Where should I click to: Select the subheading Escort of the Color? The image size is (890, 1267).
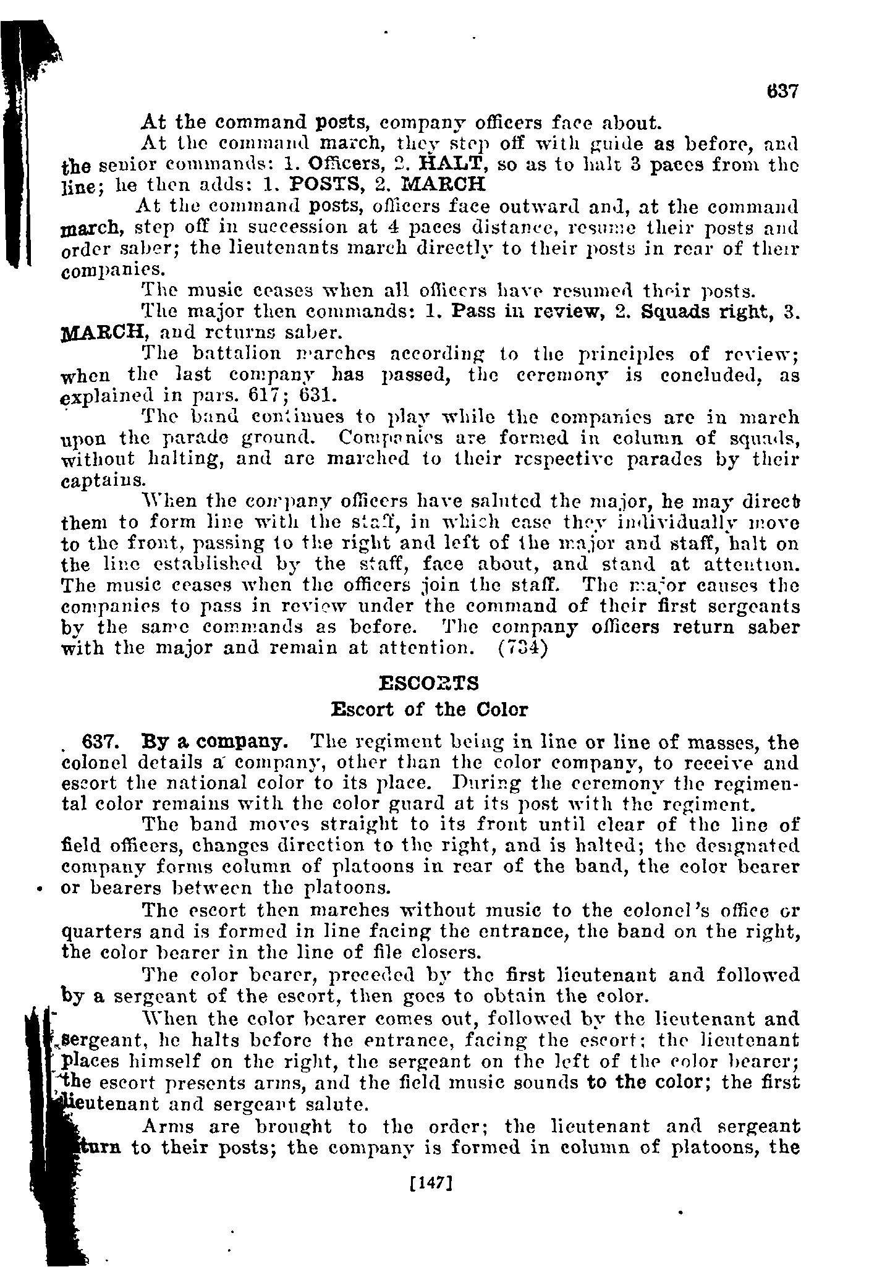430,709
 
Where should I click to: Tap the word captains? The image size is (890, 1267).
104,481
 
